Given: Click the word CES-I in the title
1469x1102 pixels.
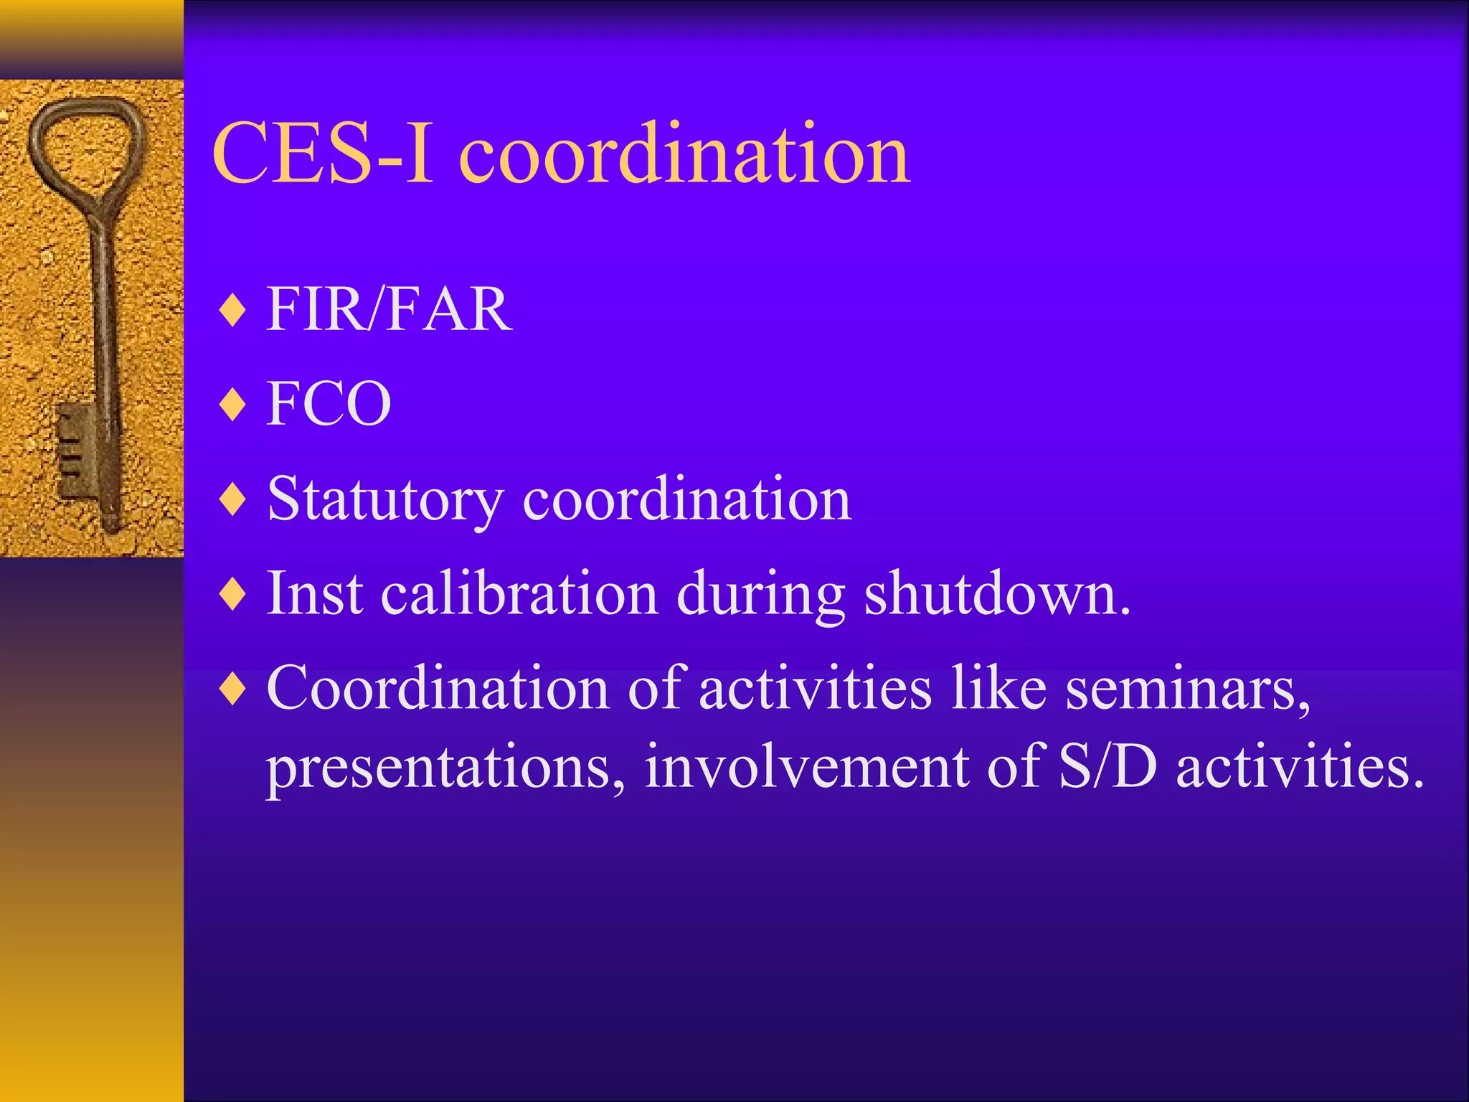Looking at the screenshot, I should (323, 154).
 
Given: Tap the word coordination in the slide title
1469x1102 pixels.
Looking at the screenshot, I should (684, 154).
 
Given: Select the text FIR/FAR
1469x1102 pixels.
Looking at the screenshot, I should (389, 309).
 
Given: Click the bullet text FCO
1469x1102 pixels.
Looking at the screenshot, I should (329, 404).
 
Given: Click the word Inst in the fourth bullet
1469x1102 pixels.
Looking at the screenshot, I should (314, 594).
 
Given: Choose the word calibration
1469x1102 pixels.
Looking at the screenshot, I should (519, 594).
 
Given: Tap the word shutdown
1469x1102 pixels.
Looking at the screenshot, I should (996, 594).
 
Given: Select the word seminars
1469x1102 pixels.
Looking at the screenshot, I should (1187, 689).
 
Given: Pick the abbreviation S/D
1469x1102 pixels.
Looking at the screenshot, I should (1107, 766).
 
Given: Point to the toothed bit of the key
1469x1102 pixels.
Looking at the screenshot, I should (75, 448).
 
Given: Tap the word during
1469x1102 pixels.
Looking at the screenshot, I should (760, 595).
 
